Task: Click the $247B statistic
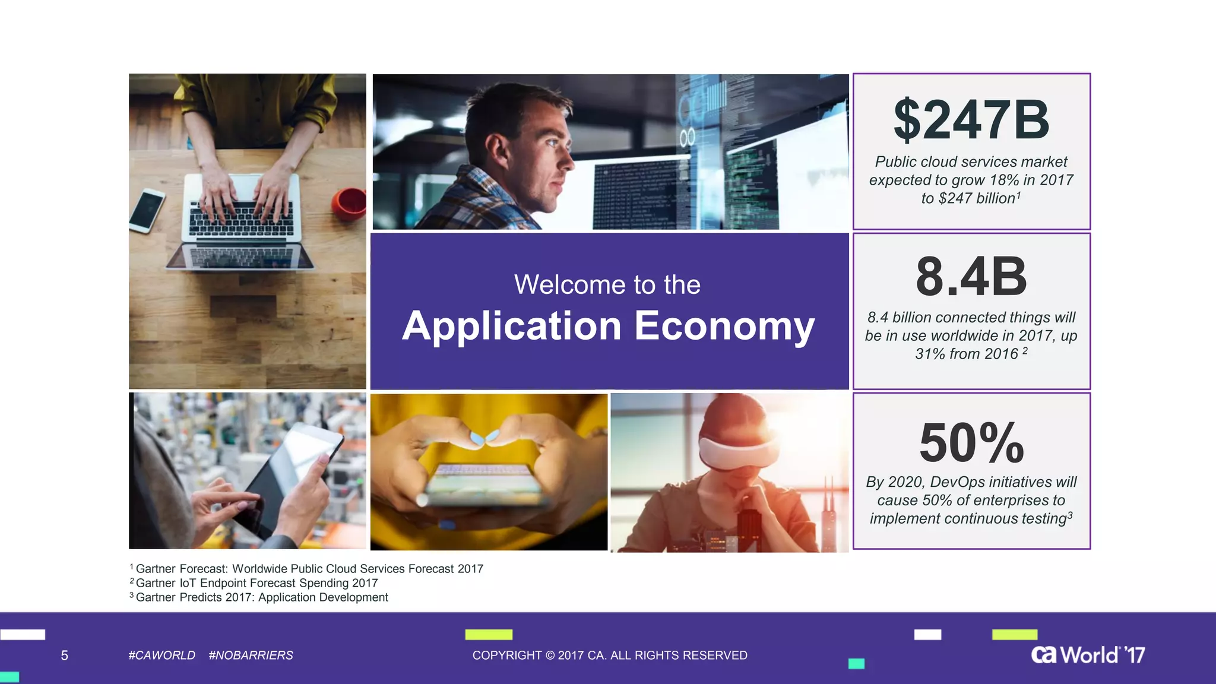(x=971, y=121)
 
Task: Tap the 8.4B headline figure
(x=971, y=277)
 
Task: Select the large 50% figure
(x=971, y=443)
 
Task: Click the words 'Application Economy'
(x=608, y=326)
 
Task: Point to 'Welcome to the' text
(x=607, y=284)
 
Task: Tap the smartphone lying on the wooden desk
(x=146, y=210)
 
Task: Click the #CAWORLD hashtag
(x=161, y=655)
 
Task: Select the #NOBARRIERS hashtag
(x=251, y=655)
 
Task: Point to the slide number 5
(x=65, y=655)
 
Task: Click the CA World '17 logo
(x=1088, y=655)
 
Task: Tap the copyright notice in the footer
(x=610, y=655)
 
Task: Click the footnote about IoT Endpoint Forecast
(x=256, y=583)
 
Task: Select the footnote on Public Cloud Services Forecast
(x=309, y=569)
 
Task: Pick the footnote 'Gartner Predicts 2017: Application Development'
(x=262, y=597)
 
